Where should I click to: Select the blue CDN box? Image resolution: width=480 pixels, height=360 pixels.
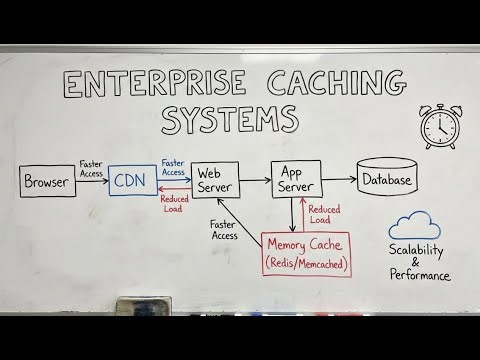point(133,182)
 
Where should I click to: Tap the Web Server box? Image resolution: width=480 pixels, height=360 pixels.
point(218,181)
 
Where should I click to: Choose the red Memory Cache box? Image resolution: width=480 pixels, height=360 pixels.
point(306,254)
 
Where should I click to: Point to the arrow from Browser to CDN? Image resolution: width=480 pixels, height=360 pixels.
point(92,182)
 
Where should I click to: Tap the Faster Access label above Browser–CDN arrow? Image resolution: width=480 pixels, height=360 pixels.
point(93,167)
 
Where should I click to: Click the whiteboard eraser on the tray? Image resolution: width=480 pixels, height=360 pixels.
point(146,304)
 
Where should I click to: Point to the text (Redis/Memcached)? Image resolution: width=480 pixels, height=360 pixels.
point(306,263)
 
